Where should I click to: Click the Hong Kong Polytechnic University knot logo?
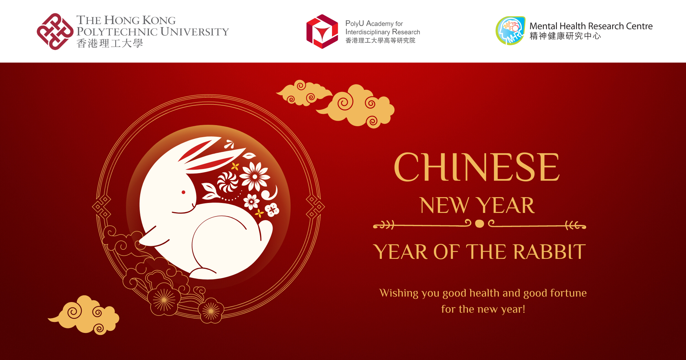pos(55,32)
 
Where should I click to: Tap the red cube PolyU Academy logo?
pos(322,32)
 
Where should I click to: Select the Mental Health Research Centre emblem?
pos(510,31)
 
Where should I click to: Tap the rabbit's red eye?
pos(184,192)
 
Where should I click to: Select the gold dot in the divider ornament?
pos(480,224)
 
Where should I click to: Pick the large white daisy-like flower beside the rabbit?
pos(255,177)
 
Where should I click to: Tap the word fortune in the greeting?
pos(568,293)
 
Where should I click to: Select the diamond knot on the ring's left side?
pos(102,207)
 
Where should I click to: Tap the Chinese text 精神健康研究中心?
pos(565,36)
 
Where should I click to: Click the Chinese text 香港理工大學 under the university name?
pos(109,44)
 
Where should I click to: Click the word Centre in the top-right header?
pos(639,26)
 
